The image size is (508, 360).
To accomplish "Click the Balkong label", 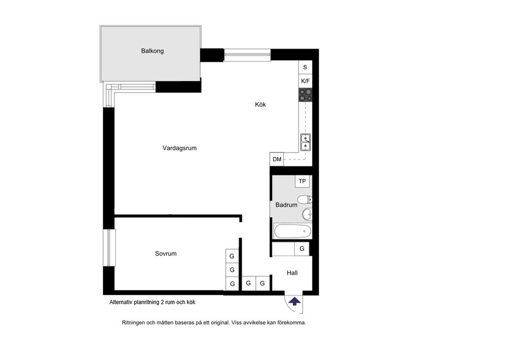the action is pyautogui.click(x=152, y=51).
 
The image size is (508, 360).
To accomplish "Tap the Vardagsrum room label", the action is pyautogui.click(x=179, y=148).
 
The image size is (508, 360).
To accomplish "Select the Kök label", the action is pyautogui.click(x=260, y=104).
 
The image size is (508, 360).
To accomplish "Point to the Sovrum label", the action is pyautogui.click(x=166, y=254).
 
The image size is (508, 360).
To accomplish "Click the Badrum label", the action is pyautogui.click(x=286, y=205).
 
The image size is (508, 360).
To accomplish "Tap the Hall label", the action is pyautogui.click(x=292, y=273).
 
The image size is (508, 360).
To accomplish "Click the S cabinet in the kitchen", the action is pyautogui.click(x=305, y=67).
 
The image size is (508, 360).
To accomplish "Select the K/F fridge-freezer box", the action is pyautogui.click(x=305, y=81).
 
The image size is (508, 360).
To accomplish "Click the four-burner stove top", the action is pyautogui.click(x=305, y=95).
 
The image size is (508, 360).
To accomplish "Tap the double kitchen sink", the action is pyautogui.click(x=305, y=142).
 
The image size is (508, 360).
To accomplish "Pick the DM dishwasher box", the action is pyautogui.click(x=277, y=159).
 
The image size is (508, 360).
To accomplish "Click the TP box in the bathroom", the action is pyautogui.click(x=302, y=181).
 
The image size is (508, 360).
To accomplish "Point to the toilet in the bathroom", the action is pyautogui.click(x=305, y=199).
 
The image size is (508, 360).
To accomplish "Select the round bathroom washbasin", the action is pyautogui.click(x=307, y=214).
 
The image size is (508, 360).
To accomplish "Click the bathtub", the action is pyautogui.click(x=293, y=231).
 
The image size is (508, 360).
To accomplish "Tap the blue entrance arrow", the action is pyautogui.click(x=294, y=301).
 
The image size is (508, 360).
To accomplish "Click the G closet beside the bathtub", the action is pyautogui.click(x=302, y=249).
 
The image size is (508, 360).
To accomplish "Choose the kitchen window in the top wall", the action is pyautogui.click(x=247, y=55).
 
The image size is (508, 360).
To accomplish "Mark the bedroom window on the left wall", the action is pyautogui.click(x=110, y=248).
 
